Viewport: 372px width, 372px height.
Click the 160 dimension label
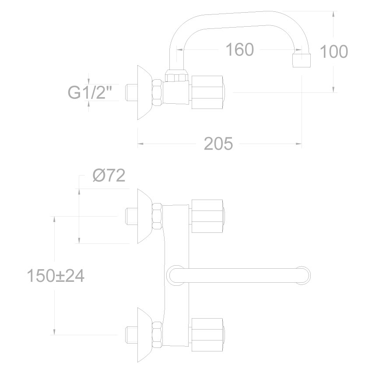[240, 49]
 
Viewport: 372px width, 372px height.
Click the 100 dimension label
[334, 51]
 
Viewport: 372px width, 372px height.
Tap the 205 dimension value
[218, 144]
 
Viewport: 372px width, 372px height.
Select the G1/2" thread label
[90, 92]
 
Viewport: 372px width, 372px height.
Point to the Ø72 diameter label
[109, 176]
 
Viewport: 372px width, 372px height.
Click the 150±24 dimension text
[56, 276]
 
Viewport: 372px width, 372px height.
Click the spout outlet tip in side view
[302, 60]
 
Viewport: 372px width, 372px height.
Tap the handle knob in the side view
[207, 92]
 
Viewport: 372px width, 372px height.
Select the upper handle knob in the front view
[207, 216]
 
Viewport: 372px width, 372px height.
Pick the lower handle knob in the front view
[207, 335]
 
